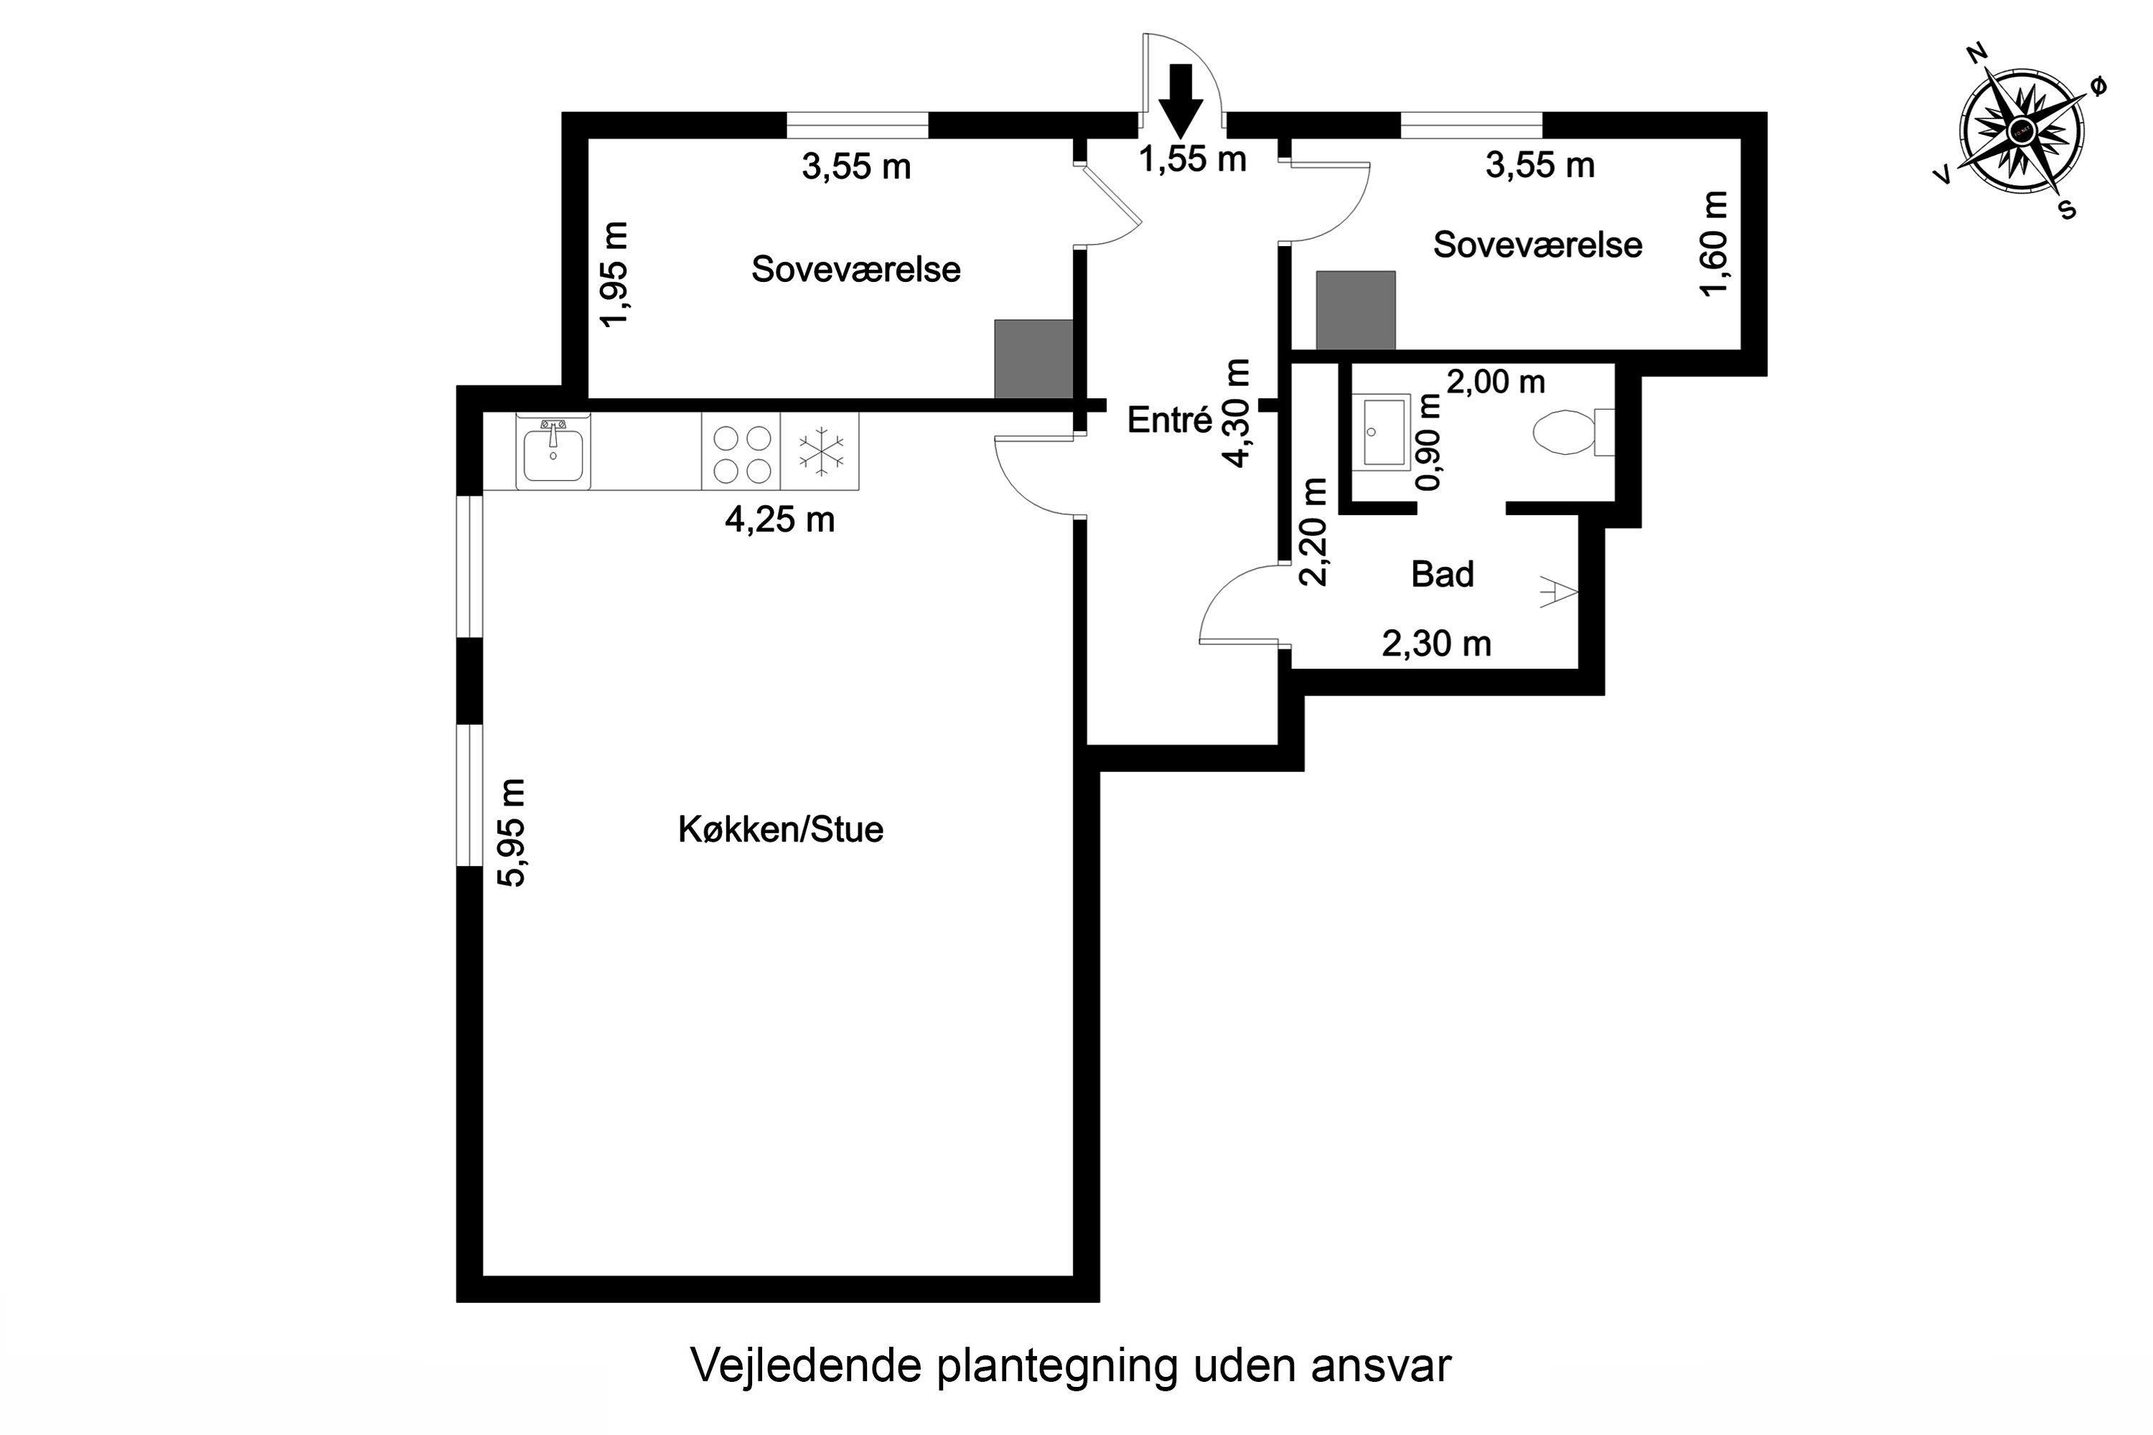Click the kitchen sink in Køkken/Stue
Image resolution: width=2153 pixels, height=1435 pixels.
pos(553,452)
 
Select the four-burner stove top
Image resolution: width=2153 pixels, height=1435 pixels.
pos(741,452)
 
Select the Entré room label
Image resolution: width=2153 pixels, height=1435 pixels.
pos(1169,420)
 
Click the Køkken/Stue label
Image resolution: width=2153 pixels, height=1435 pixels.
pos(781,829)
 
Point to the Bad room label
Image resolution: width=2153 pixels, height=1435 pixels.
pos(1443,574)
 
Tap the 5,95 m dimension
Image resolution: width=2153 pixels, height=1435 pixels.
pos(512,833)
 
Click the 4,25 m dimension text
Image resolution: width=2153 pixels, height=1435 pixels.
pos(780,519)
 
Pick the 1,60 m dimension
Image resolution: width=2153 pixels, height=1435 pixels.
pos(1715,243)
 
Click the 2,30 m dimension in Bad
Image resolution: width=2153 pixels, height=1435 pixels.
pos(1436,644)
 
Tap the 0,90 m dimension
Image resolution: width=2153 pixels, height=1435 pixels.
pos(1429,442)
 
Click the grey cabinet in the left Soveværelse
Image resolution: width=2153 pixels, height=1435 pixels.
pos(1033,359)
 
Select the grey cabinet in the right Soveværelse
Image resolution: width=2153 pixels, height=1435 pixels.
pos(1356,310)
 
